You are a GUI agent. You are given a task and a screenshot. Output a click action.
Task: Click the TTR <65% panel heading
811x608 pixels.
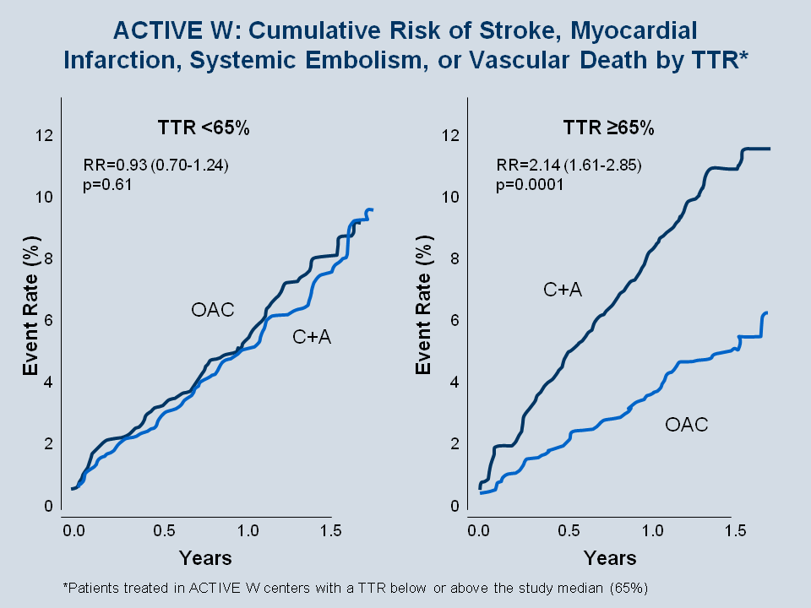coord(204,128)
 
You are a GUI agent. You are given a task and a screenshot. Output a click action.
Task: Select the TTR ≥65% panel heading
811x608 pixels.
coord(609,128)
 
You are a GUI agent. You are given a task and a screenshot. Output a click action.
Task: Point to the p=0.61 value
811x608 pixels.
coord(107,186)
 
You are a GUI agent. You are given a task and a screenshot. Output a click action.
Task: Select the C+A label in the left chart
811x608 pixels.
coord(312,337)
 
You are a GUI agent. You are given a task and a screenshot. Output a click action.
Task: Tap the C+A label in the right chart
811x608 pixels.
coord(563,290)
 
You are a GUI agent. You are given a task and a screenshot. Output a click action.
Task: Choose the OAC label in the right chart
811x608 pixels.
coord(686,425)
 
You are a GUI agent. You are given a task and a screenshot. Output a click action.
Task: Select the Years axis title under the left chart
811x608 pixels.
coord(204,558)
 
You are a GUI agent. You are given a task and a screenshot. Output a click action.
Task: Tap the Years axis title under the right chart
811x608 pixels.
coord(609,558)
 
